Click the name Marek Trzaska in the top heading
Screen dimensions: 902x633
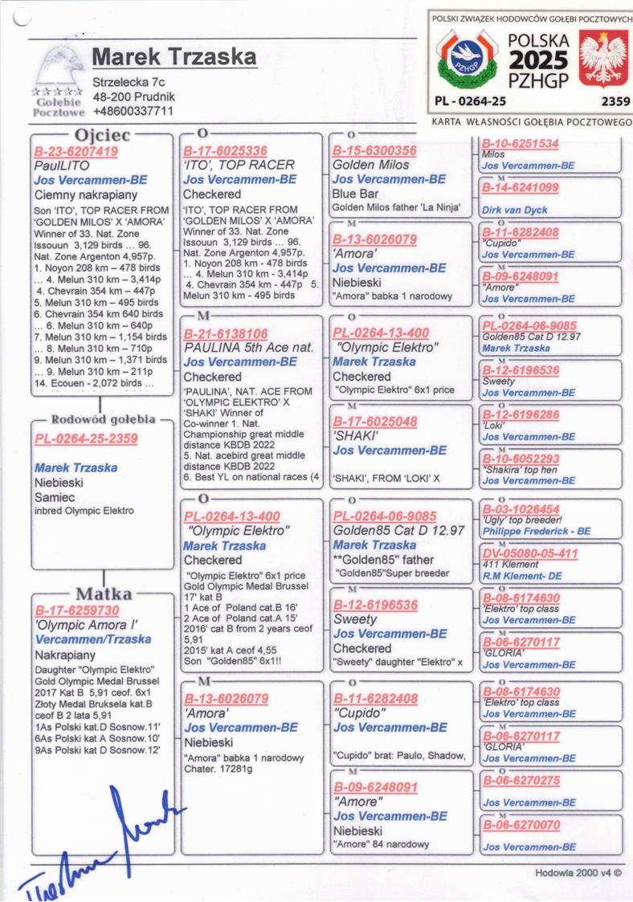tap(174, 57)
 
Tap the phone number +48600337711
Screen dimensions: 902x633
tap(133, 111)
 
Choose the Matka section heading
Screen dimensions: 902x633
tap(103, 594)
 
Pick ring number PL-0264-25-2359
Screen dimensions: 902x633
tap(86, 439)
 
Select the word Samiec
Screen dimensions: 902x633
tap(55, 497)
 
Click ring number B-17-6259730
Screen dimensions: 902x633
tap(76, 610)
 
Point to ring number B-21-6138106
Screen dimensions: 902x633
tap(226, 333)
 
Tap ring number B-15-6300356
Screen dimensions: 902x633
tap(375, 150)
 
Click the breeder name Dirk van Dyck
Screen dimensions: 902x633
tap(514, 210)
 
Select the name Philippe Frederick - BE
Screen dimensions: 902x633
tap(536, 531)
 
